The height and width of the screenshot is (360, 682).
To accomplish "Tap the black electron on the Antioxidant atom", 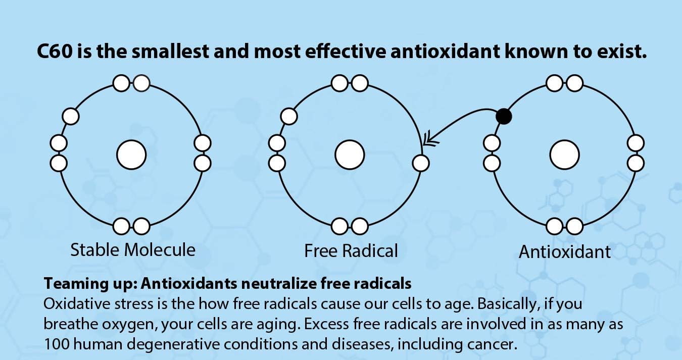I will (x=503, y=117).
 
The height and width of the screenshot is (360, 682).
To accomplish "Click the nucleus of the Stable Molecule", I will (x=131, y=155).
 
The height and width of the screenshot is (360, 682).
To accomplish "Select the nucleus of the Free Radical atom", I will (x=350, y=155).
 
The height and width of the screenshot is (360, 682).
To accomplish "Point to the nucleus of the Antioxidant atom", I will (x=564, y=155).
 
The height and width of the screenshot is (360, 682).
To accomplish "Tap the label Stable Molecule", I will (x=133, y=249).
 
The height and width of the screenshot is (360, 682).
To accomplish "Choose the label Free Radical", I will (x=351, y=250).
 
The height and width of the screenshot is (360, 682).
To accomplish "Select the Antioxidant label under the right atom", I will (x=564, y=251).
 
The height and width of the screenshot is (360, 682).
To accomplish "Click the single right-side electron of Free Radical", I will (x=421, y=163).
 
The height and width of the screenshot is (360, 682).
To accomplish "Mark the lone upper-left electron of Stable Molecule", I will (x=71, y=116).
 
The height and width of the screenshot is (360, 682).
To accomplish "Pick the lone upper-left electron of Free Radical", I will (x=289, y=116).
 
